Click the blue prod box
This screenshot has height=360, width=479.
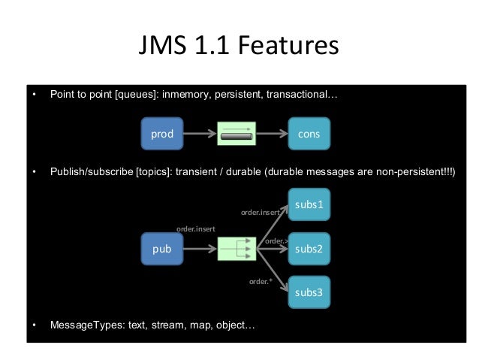point(162,135)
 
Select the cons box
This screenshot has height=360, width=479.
point(309,135)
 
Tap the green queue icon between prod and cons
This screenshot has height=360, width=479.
point(236,135)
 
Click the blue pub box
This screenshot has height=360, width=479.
point(162,249)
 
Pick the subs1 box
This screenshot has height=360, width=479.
point(309,204)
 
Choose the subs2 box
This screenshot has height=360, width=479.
point(309,249)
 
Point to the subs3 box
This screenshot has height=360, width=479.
point(309,292)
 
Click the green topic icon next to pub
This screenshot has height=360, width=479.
point(236,249)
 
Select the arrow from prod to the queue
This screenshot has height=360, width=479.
point(200,135)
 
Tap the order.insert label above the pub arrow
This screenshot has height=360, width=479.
point(196,228)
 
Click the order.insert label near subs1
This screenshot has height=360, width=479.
point(260,213)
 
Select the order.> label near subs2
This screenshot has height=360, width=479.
point(277,241)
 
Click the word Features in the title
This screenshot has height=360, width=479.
point(289,47)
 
